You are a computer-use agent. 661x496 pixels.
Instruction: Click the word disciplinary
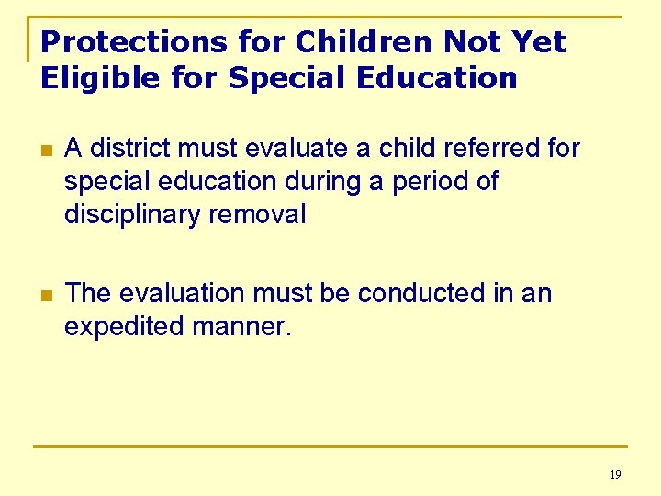(x=131, y=215)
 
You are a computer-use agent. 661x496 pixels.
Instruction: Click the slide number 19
(x=614, y=475)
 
